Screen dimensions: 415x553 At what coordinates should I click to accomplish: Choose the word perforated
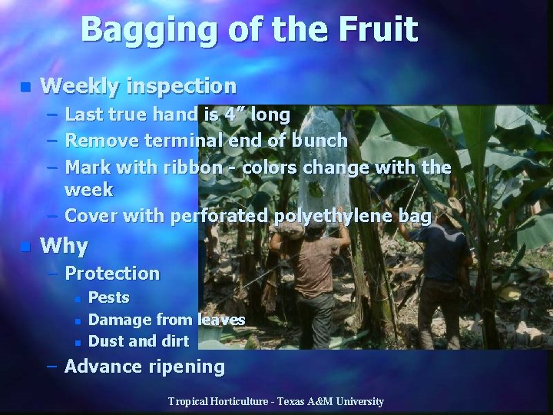click(x=217, y=216)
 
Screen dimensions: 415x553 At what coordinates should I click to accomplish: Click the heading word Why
click(x=65, y=246)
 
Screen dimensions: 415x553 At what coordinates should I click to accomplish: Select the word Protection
click(x=113, y=273)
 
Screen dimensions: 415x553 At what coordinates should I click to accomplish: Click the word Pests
click(x=109, y=297)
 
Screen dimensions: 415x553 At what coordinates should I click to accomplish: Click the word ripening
click(x=187, y=367)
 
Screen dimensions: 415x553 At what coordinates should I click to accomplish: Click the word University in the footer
click(x=356, y=402)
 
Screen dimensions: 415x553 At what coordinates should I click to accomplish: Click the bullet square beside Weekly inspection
click(x=25, y=86)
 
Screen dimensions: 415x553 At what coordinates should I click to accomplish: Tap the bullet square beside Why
click(x=25, y=247)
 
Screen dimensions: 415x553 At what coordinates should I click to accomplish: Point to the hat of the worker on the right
click(x=445, y=214)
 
